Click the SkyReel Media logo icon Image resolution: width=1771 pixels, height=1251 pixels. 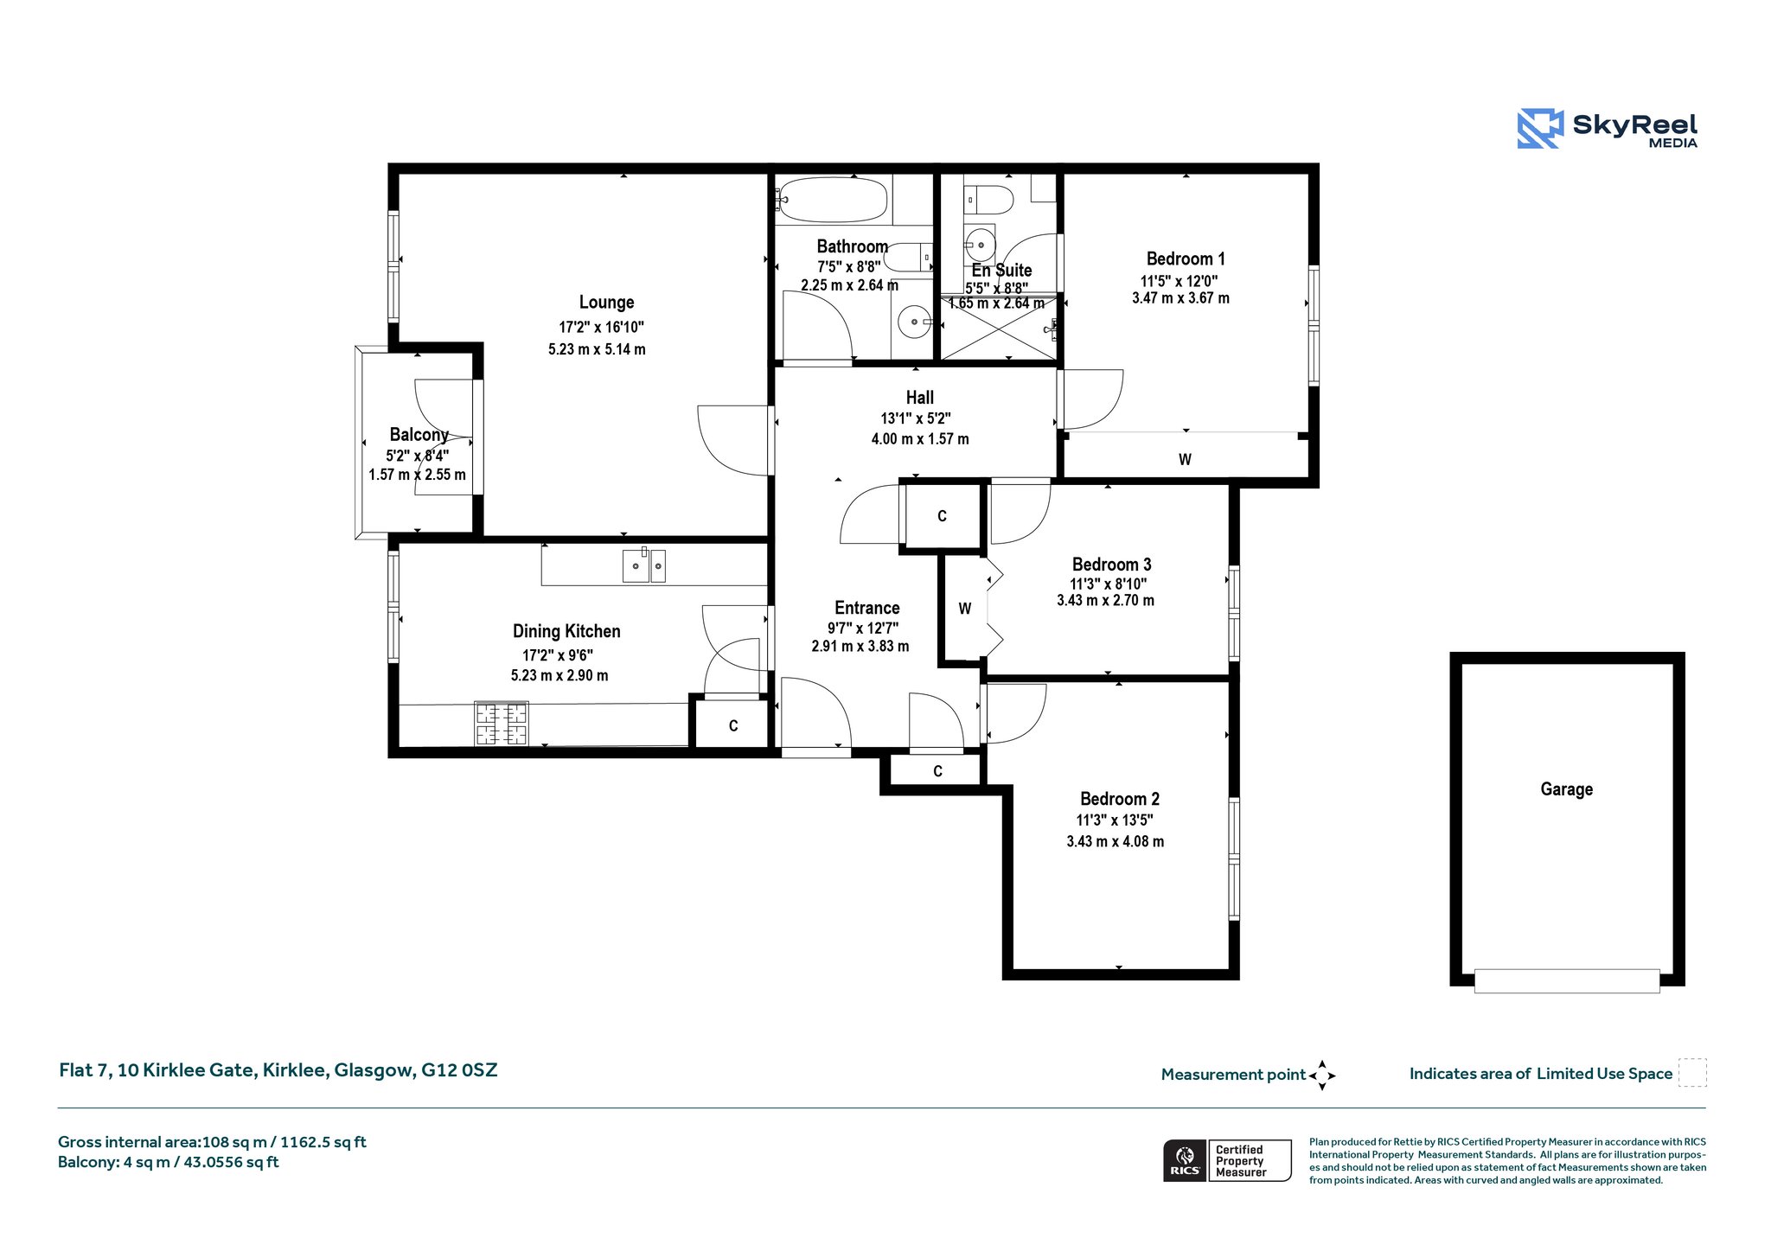point(1540,129)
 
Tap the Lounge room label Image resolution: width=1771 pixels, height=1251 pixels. point(606,303)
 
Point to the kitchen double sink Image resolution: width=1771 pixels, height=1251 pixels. point(644,565)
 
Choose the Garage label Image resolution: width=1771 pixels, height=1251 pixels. point(1566,789)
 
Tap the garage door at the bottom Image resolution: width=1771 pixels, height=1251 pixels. point(1567,980)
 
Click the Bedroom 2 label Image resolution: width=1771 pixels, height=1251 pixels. point(1120,799)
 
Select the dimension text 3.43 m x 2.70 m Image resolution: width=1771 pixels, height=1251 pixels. point(1105,600)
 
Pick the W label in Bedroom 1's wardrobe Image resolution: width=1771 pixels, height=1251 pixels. point(1185,460)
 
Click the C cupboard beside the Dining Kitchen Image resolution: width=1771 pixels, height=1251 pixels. point(732,725)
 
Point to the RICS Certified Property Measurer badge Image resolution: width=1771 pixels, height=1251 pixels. point(1227,1160)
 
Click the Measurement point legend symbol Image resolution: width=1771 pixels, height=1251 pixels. point(1322,1075)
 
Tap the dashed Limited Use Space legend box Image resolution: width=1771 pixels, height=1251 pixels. point(1692,1073)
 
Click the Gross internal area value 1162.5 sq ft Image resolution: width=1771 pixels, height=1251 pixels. point(323,1142)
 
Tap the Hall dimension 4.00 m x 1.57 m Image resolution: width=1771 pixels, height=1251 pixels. point(920,439)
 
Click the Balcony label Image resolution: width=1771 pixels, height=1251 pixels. point(419,435)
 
